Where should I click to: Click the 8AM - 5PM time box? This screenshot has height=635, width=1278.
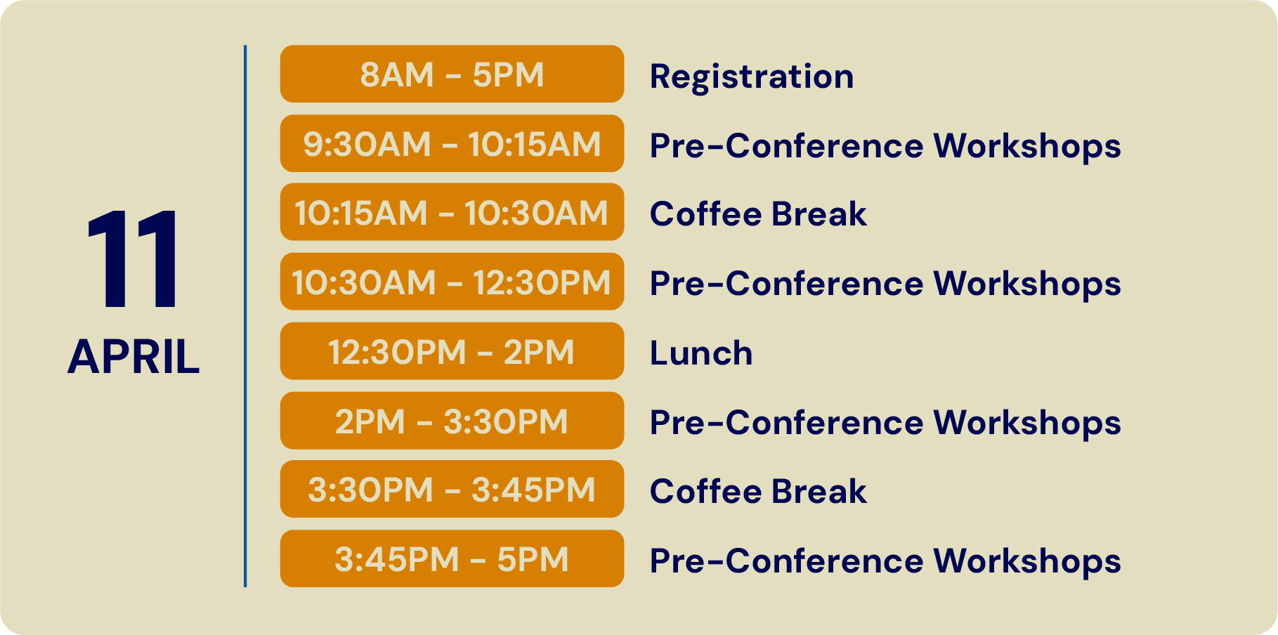(452, 74)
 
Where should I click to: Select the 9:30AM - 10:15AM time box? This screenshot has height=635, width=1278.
(452, 143)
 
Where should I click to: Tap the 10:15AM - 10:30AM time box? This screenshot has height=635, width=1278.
(452, 212)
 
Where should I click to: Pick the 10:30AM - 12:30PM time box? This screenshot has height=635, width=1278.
(452, 282)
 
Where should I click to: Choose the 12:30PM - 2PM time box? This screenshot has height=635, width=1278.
(452, 351)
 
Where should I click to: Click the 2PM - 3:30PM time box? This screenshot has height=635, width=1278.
(452, 421)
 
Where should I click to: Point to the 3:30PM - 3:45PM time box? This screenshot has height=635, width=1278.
(452, 490)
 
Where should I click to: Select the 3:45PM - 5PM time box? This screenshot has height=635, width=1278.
(452, 559)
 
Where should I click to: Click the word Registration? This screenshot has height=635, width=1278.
(752, 77)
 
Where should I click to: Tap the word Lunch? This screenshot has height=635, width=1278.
(701, 353)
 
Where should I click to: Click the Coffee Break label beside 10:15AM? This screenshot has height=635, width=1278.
(758, 214)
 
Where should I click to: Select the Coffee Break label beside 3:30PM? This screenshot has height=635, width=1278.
(758, 491)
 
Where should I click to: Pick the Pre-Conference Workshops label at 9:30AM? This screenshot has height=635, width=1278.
(885, 146)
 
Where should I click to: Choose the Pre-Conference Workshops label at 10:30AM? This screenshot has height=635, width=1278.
(885, 284)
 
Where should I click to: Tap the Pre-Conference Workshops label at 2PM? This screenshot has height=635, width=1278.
(885, 423)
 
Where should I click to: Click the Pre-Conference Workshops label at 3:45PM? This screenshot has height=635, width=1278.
(885, 561)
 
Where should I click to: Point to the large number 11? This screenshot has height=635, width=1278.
(133, 258)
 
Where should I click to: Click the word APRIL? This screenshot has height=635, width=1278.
(133, 357)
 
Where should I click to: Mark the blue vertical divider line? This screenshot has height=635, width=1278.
(245, 316)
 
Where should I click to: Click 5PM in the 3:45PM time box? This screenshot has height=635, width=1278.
(533, 560)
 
